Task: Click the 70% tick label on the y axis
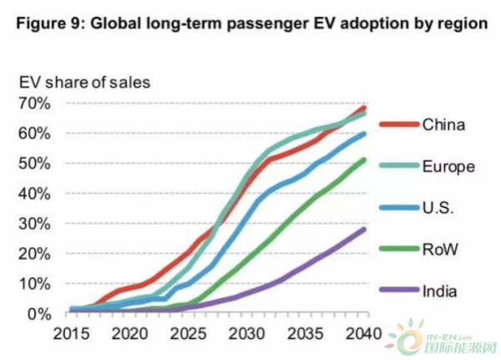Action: (x=38, y=104)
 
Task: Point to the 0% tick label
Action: (x=43, y=313)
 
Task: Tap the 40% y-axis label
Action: (x=38, y=193)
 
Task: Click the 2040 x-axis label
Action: (x=367, y=332)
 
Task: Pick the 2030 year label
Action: (x=247, y=332)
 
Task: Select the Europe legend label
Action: (x=448, y=166)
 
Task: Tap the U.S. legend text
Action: (x=439, y=207)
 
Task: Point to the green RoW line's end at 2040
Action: (x=366, y=160)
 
